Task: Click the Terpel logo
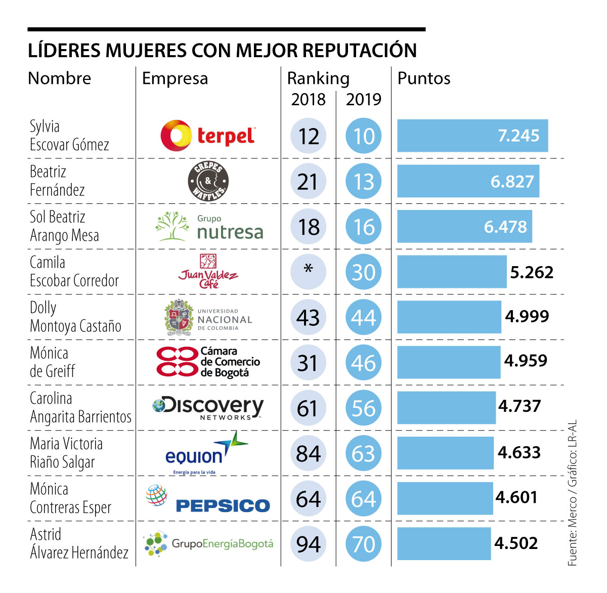(208, 136)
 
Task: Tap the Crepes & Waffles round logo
(208, 181)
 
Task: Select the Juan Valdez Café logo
(208, 272)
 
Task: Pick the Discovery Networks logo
(208, 408)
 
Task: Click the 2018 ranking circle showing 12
(309, 136)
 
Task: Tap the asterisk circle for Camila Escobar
(309, 272)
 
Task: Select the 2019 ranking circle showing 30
(363, 272)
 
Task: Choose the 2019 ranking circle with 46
(363, 363)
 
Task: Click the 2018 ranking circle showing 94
(309, 544)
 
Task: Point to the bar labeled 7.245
(472, 136)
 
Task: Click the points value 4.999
(527, 316)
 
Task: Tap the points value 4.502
(516, 543)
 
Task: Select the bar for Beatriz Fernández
(468, 181)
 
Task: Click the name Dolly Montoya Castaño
(75, 317)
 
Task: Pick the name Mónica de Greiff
(52, 362)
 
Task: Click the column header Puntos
(424, 78)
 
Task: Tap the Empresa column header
(175, 78)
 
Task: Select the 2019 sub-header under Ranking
(364, 99)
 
